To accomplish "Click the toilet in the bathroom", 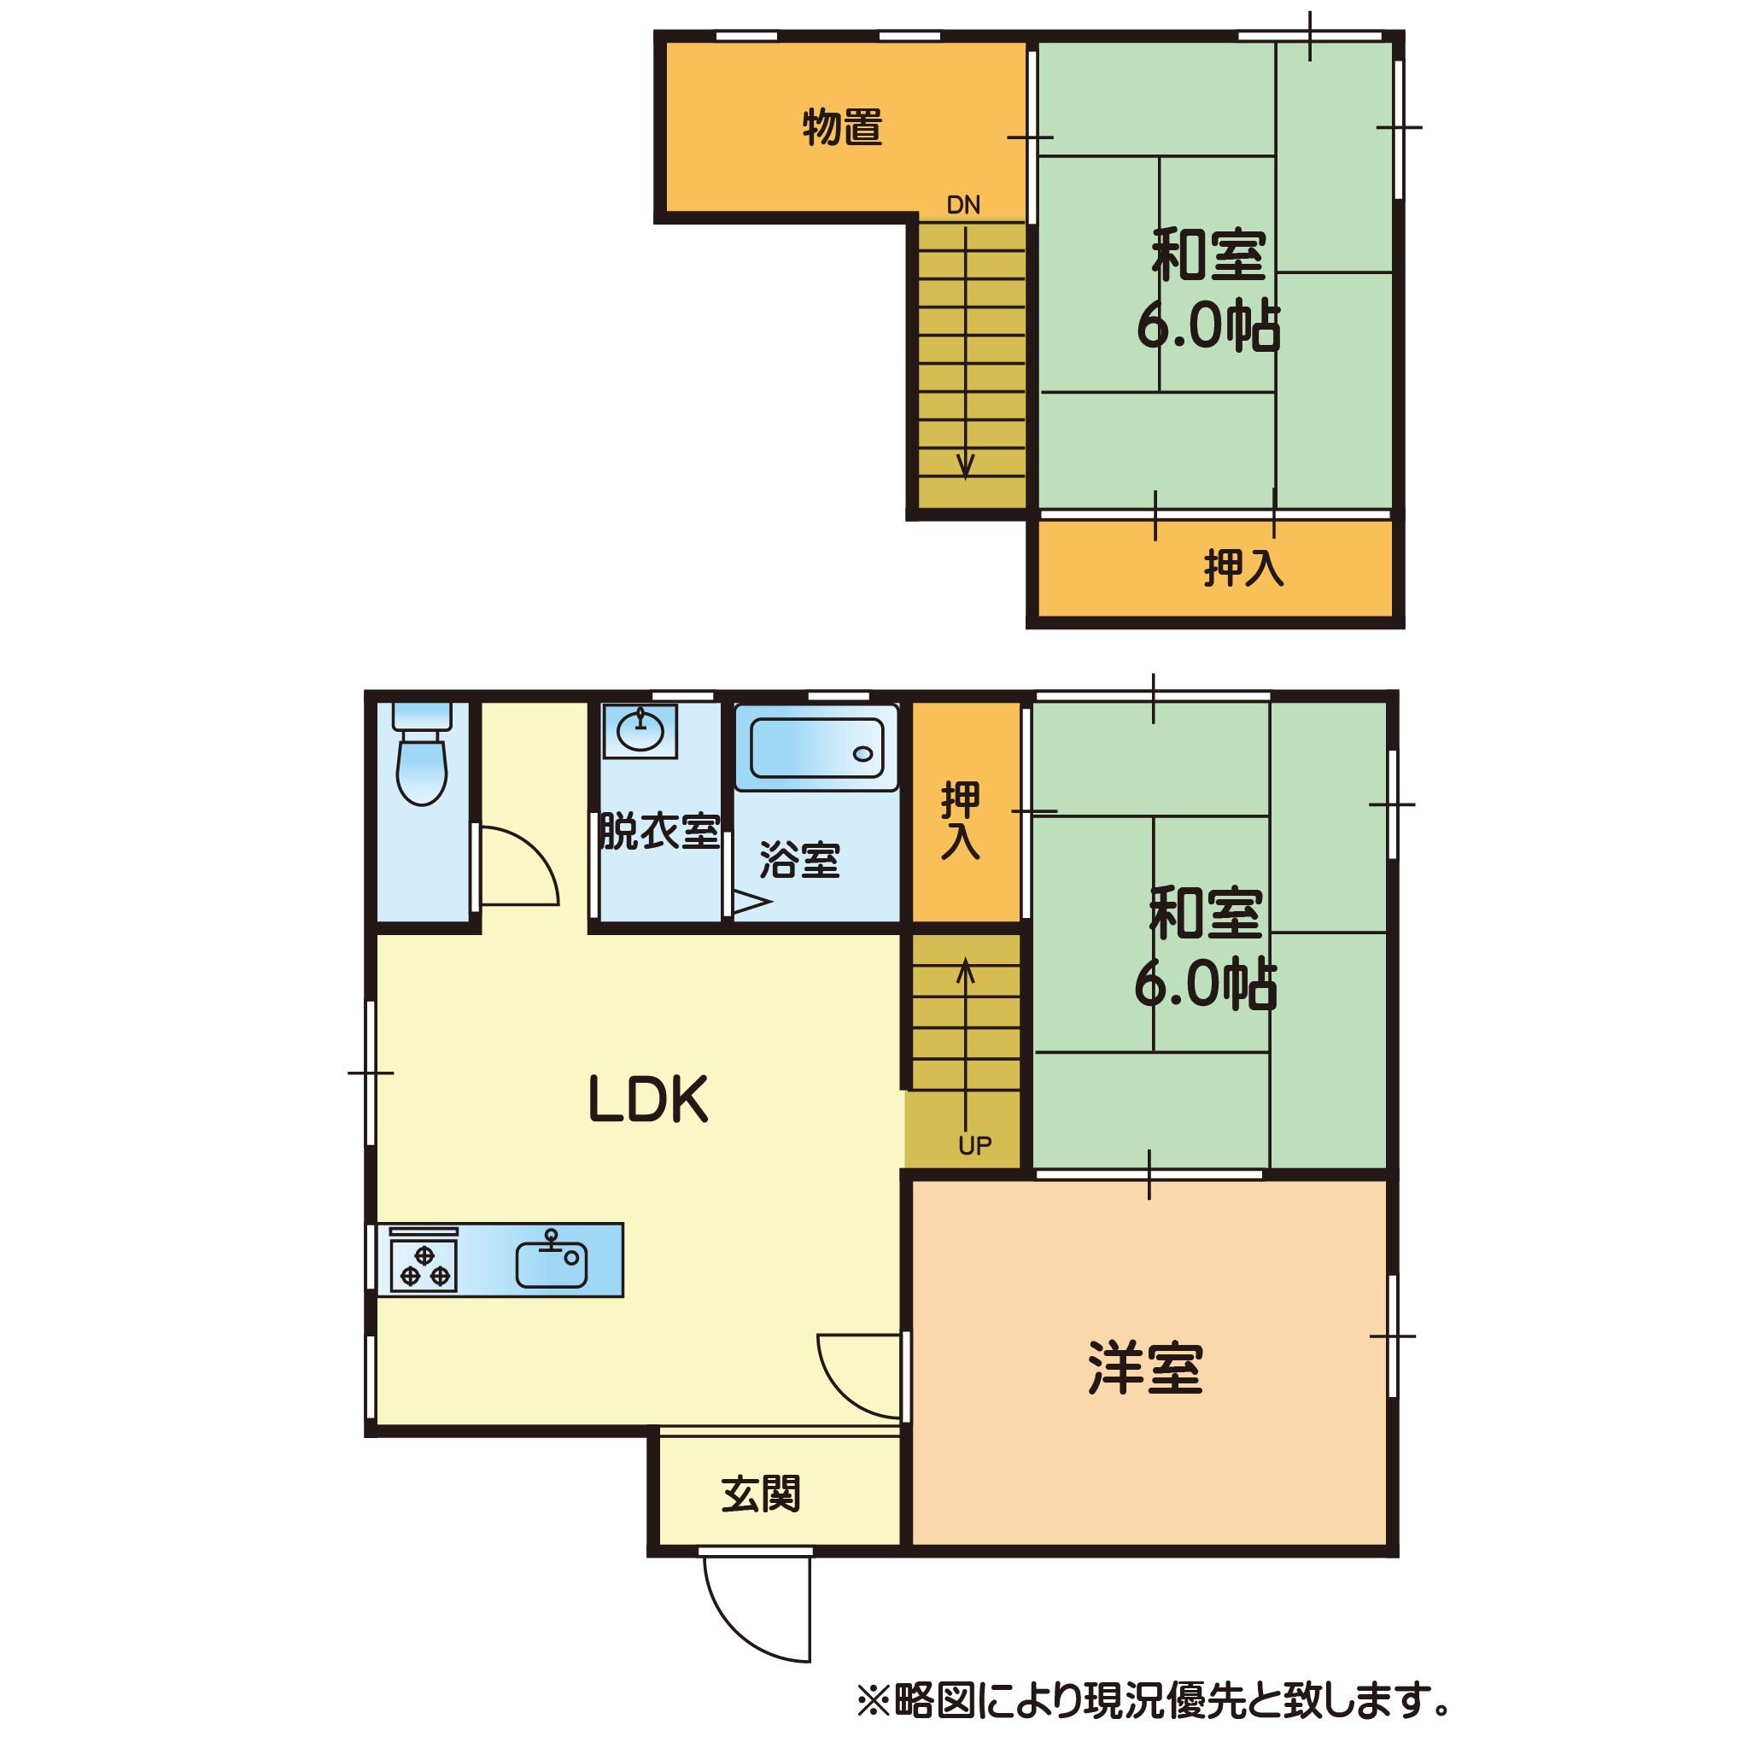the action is (422, 753).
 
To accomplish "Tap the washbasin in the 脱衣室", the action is (641, 731).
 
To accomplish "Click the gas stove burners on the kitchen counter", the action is (423, 1264).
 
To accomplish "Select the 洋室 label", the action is (1145, 1368).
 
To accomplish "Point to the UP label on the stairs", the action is (975, 1147).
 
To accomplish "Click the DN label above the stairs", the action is (963, 205).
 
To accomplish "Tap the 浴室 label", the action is (800, 860).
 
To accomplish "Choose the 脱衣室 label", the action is (659, 832).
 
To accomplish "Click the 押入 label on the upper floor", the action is (1244, 569).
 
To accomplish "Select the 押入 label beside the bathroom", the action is (961, 820).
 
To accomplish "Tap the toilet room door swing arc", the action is (535, 851).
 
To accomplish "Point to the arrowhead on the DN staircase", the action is (965, 465).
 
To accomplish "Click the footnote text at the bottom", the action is (1153, 1702).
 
